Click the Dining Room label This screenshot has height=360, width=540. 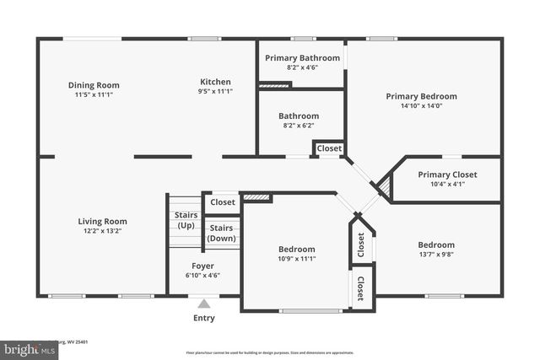[94, 84]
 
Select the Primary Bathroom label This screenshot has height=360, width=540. [302, 57]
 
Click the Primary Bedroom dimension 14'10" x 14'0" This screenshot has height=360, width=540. [421, 106]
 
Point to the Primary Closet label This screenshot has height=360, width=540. [447, 175]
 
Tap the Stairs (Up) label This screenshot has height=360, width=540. [186, 220]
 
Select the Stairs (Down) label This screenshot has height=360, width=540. [221, 233]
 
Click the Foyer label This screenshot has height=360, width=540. [202, 265]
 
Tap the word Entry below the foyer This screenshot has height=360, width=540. [203, 318]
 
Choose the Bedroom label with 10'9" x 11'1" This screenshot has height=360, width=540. [297, 249]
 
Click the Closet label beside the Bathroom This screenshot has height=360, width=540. [329, 148]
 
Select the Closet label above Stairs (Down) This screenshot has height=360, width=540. [223, 202]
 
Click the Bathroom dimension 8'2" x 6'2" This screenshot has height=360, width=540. [299, 126]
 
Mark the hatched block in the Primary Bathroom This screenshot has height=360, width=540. [274, 84]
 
